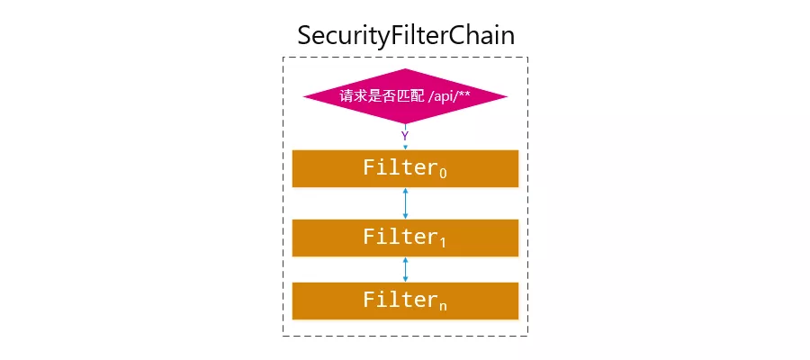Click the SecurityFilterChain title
coord(405,35)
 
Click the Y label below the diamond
coord(405,135)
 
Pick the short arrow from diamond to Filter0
coord(405,146)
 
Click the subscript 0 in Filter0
coord(441,173)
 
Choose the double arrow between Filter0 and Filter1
coord(405,203)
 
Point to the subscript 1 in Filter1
coord(441,243)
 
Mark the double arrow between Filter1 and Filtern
coord(405,269)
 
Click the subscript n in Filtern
coord(442,306)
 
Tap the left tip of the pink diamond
coord(304,95)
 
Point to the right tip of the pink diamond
coord(507,95)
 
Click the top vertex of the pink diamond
coord(405,68)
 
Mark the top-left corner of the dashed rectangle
coord(283,58)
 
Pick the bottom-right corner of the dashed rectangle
coord(527,336)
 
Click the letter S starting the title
coord(306,36)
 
